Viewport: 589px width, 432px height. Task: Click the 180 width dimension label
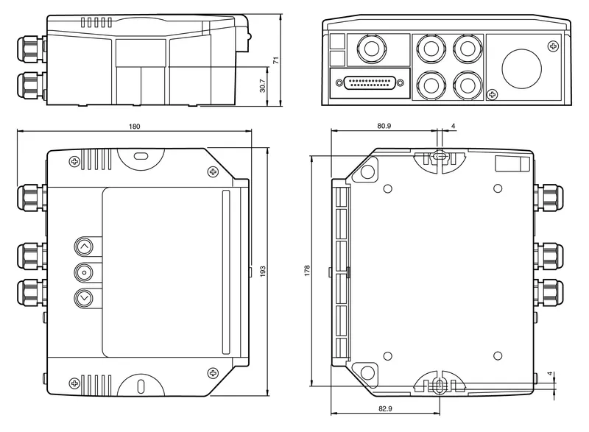pyautogui.click(x=134, y=127)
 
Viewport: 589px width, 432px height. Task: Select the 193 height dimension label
pyautogui.click(x=263, y=271)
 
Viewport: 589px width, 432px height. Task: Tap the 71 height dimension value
pyautogui.click(x=276, y=60)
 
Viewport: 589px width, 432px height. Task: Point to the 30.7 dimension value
pyautogui.click(x=263, y=85)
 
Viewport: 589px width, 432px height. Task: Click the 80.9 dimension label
pyautogui.click(x=384, y=126)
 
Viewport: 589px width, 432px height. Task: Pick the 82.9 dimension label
pyautogui.click(x=385, y=408)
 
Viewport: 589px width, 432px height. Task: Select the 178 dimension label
pyautogui.click(x=307, y=271)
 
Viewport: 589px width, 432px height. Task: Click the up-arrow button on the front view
pyautogui.click(x=84, y=247)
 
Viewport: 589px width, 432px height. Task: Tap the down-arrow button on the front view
pyautogui.click(x=84, y=298)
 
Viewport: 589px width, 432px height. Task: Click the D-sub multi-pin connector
pyautogui.click(x=370, y=83)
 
